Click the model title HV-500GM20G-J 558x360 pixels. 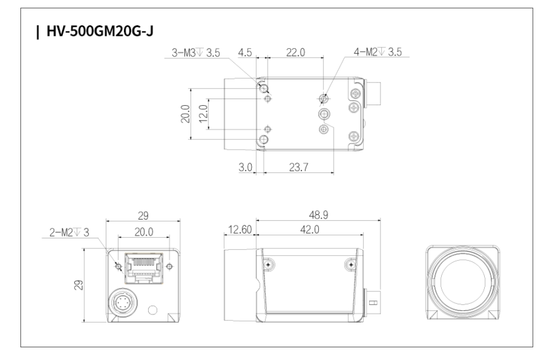tap(100, 31)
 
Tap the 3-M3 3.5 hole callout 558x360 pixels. tap(196, 53)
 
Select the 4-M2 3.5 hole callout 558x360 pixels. tap(377, 52)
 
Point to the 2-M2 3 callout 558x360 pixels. tap(69, 233)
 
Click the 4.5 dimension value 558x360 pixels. tap(245, 53)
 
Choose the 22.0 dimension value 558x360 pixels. tap(295, 53)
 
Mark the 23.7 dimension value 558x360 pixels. tap(299, 167)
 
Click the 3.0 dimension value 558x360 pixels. tap(245, 167)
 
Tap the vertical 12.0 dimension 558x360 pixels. tap(203, 113)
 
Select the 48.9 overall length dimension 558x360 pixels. tap(318, 215)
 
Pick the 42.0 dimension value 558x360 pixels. tap(310, 230)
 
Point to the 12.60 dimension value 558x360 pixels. tap(240, 230)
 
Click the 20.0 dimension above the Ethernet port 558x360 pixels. tap(144, 232)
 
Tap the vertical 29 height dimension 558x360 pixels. tap(79, 285)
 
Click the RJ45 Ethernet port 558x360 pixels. tap(144, 268)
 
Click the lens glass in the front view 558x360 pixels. tap(462, 282)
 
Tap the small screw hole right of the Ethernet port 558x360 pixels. tap(170, 266)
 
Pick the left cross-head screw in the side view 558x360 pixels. tap(268, 265)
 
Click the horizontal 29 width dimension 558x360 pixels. tap(143, 216)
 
